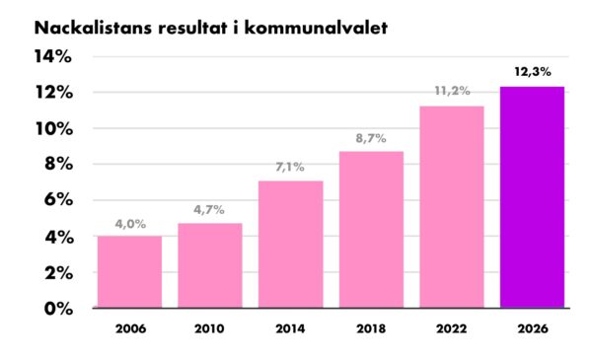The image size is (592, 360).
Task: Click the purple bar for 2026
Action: (532, 197)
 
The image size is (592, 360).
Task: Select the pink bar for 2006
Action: (129, 272)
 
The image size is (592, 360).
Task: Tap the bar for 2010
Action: (210, 265)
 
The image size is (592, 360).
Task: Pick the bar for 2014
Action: (291, 245)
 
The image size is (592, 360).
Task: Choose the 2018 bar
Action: (371, 230)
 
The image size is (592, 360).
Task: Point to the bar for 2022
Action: (452, 207)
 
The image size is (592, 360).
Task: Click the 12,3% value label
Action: (533, 72)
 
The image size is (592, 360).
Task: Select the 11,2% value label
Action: (452, 91)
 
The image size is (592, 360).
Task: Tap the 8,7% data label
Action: (371, 138)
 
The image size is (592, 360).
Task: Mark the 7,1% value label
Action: (290, 167)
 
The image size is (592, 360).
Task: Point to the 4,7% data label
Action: (209, 209)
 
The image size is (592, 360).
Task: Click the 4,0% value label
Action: (130, 224)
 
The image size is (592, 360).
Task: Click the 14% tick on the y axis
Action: (53, 56)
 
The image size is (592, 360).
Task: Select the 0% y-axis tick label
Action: (58, 309)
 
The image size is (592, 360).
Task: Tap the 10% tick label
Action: (54, 129)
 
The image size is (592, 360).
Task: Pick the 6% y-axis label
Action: (58, 199)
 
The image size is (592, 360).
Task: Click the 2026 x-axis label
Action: (533, 328)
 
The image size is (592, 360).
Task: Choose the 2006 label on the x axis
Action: (130, 328)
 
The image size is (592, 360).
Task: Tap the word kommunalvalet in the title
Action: (316, 28)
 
